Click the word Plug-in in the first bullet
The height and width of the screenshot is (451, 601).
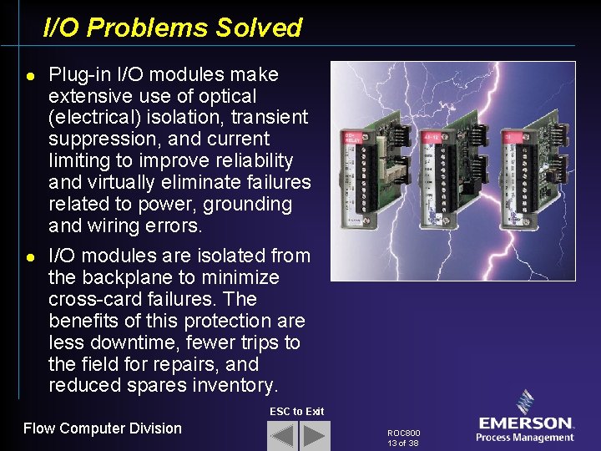(x=76, y=74)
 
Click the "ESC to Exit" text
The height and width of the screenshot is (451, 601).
(x=296, y=412)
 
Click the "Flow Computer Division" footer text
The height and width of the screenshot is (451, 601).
(x=102, y=428)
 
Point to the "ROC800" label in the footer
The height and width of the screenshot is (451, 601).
(x=404, y=433)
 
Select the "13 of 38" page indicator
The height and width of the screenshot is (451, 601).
(x=403, y=443)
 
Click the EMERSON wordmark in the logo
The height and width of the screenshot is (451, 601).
(x=526, y=423)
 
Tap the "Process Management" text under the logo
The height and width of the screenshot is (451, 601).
(x=525, y=438)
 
